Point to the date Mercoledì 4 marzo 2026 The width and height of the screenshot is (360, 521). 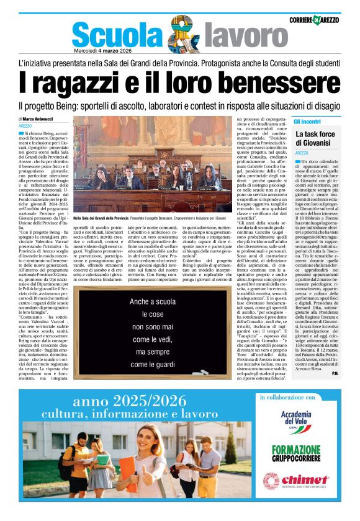point(103,50)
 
